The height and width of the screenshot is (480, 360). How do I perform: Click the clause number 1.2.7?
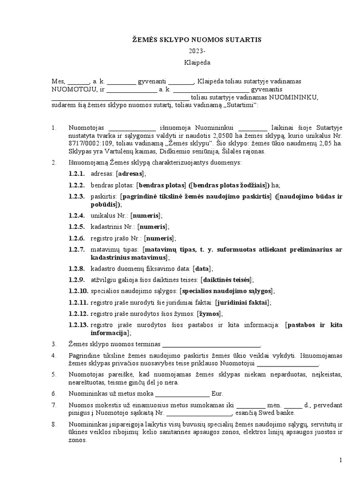click(75, 249)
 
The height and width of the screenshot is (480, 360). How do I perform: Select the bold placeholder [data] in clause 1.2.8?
click(202, 269)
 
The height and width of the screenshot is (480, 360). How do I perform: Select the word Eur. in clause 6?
click(217, 393)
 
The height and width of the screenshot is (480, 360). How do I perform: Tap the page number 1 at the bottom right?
click(341, 461)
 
